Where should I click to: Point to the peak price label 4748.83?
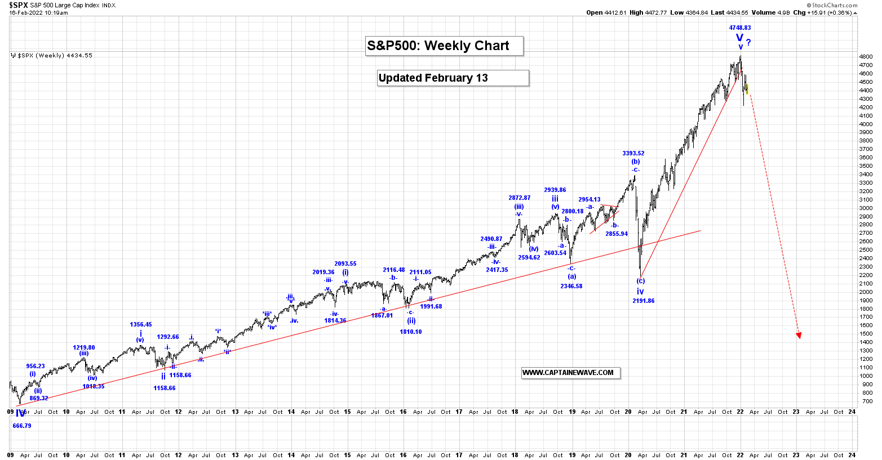pos(739,28)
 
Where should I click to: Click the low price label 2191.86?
pos(643,301)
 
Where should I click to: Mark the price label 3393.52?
pos(633,153)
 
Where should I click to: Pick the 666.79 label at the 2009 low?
pos(22,426)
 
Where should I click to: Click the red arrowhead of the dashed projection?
pos(798,336)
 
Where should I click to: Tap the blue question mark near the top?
pos(748,42)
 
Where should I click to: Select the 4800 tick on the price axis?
pos(866,57)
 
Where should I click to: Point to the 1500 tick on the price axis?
pos(866,334)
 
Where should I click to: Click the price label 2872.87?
pos(519,198)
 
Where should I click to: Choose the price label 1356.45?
pos(141,325)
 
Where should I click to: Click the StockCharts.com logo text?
pos(835,6)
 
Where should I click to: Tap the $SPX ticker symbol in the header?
pos(19,5)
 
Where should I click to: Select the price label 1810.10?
pos(411,332)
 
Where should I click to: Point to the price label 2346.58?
pos(571,286)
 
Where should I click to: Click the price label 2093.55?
pos(345,264)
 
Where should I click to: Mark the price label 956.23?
pos(36,366)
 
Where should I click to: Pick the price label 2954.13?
pos(589,199)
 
